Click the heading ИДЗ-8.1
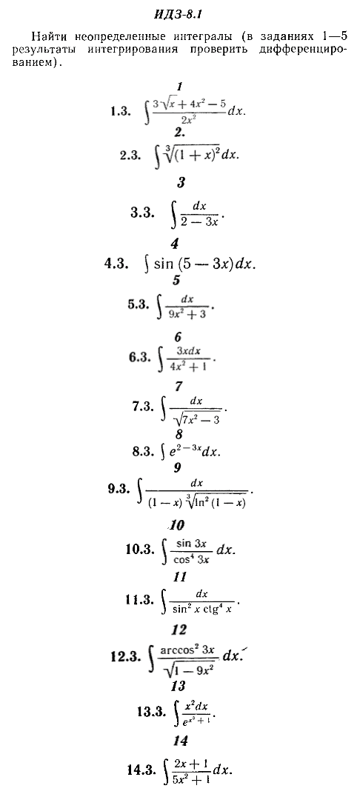point(179,14)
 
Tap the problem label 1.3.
point(121,111)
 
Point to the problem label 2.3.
point(130,156)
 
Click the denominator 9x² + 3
point(187,313)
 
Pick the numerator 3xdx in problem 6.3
point(188,350)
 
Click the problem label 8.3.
point(142,451)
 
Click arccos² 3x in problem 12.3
point(187,650)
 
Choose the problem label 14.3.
point(141,770)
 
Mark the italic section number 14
point(181,741)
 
